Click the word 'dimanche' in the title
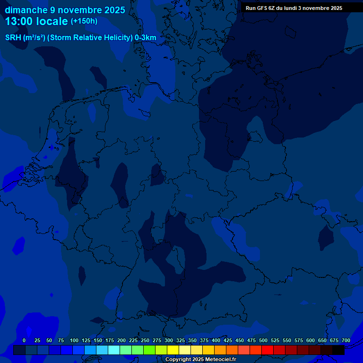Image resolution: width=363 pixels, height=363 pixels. pos(26,10)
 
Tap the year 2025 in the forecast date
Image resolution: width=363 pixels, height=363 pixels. pos(113,10)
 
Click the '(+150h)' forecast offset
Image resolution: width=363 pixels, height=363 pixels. pos(84,21)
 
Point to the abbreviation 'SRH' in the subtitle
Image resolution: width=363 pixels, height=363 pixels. pos(13,38)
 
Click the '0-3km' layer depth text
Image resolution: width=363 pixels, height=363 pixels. pos(146,38)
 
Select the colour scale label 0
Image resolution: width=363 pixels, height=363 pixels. pos(24,340)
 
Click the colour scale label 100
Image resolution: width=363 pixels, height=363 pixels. pos(74,340)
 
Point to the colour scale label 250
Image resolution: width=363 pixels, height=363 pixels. pos(145,340)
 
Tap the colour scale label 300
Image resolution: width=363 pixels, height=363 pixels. pos(169,340)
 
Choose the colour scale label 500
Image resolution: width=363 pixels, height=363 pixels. pos(263,340)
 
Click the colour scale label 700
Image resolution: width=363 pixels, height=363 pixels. pos(346,340)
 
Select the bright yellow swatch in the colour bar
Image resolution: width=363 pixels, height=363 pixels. pos(173,350)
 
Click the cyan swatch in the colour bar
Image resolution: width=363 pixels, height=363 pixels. pos(114,350)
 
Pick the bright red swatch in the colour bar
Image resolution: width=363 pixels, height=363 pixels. pos(268,350)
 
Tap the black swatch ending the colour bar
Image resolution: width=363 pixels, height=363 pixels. pos(338,350)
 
